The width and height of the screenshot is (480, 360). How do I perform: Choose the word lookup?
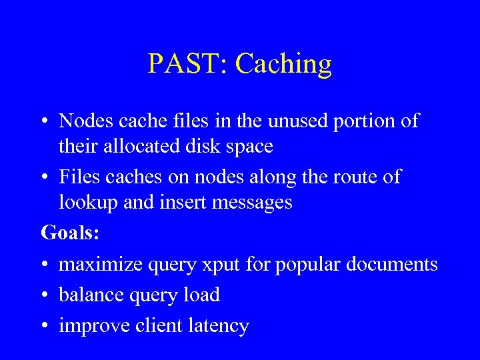tap(89, 202)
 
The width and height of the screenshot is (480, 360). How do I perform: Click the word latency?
tap(219, 326)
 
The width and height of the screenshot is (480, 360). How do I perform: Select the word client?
tap(161, 325)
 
